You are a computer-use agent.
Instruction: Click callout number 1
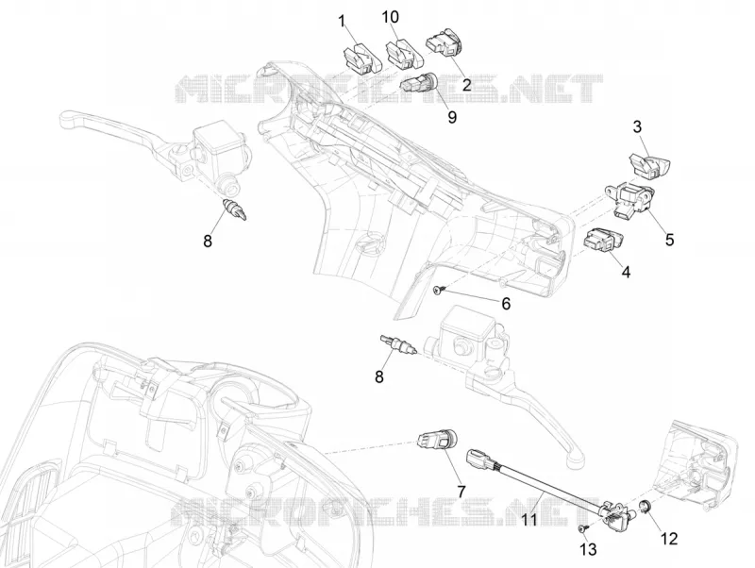click(343, 22)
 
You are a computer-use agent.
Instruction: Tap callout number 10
click(391, 17)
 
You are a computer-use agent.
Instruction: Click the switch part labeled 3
click(649, 164)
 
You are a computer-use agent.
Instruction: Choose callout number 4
click(626, 272)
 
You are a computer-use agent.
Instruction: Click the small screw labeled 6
click(439, 290)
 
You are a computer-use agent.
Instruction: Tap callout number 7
click(461, 492)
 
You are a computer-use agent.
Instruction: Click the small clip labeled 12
click(646, 505)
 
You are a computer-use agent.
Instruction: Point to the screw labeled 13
click(583, 528)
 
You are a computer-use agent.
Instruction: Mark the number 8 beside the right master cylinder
click(379, 376)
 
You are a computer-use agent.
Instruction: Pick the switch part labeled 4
click(604, 240)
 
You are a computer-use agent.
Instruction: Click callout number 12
click(669, 539)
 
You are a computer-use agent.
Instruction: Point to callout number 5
click(670, 240)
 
